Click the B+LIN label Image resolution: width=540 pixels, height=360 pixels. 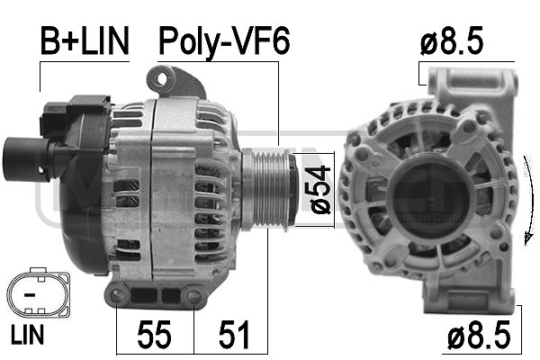(83, 40)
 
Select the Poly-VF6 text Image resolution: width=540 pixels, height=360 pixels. (224, 40)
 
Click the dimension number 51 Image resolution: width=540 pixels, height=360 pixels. (231, 336)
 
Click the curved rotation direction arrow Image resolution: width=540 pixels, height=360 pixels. (526, 198)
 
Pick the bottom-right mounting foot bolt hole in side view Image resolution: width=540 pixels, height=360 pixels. (194, 297)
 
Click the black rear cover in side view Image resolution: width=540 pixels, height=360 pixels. (76, 180)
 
